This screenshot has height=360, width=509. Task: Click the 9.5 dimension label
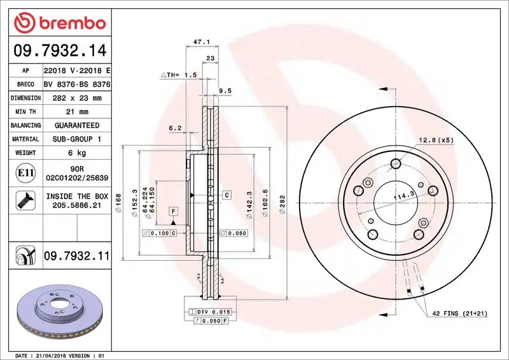225,91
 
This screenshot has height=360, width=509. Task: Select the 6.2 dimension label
175,128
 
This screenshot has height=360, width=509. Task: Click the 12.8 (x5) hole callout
435,140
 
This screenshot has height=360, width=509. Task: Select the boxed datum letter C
226,193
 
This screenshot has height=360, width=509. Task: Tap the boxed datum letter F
172,211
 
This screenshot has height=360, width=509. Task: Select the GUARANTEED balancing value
76,125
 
